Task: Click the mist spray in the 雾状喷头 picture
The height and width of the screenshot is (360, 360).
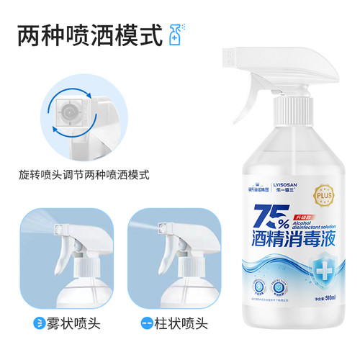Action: click(x=32, y=228)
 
